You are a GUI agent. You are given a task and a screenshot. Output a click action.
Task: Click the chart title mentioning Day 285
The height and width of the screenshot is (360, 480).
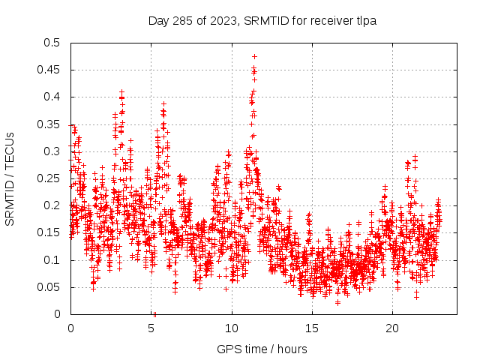pos(262,20)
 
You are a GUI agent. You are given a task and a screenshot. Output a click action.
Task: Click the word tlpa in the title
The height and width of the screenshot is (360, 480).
pos(364,20)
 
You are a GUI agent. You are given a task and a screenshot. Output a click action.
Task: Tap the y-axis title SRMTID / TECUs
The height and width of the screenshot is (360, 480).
pos(10,178)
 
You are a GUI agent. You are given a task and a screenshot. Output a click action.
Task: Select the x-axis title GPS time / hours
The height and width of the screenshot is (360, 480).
pos(262,349)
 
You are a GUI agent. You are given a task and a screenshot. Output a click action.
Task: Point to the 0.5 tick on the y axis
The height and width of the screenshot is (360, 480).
pos(51,43)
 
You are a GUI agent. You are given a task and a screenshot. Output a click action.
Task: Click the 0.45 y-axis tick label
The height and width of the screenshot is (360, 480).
pos(48,70)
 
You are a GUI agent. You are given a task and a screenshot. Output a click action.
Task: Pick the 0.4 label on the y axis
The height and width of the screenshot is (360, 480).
pos(51,97)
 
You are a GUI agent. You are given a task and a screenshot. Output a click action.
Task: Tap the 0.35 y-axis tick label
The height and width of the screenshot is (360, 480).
pos(48,124)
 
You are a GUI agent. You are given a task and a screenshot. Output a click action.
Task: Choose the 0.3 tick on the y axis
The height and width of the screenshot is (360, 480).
pos(51,151)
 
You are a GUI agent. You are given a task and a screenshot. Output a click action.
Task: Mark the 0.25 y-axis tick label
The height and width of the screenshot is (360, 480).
pos(48,178)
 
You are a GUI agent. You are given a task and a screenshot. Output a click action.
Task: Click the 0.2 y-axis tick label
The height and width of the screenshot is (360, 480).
pos(51,205)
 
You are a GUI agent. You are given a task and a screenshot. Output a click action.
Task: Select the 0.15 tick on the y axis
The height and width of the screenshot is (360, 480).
pos(48,233)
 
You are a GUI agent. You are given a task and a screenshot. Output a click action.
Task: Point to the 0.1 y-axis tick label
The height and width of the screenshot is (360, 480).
pos(51,260)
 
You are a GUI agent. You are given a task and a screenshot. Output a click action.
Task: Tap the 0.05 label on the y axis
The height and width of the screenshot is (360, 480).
pos(48,287)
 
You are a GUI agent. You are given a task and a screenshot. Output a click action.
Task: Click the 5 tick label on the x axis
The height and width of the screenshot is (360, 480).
pos(151,329)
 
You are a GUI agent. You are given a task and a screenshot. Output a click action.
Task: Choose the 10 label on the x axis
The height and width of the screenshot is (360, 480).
pos(232,329)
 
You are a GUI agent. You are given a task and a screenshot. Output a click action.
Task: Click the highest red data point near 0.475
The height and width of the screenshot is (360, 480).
pos(254,56)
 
